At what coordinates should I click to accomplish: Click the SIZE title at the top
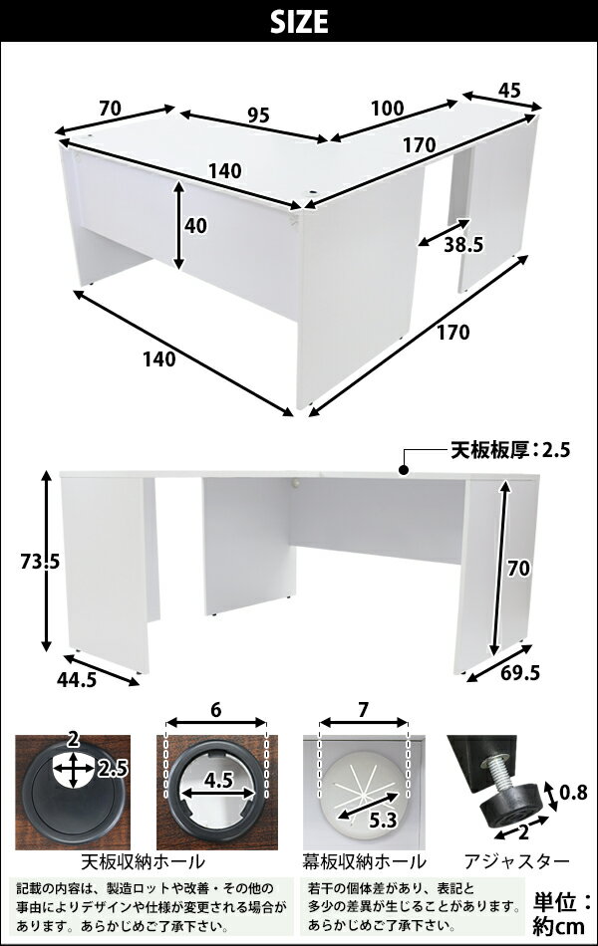[x=299, y=22]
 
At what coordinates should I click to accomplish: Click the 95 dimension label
[x=258, y=116]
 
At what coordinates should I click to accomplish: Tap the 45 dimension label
[x=510, y=91]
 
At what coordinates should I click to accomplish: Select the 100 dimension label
[x=387, y=108]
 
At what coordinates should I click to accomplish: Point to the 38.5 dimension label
[x=463, y=244]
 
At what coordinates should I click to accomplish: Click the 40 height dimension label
[x=195, y=226]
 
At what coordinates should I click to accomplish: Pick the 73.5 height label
[x=40, y=562]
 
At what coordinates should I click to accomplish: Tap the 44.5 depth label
[x=77, y=680]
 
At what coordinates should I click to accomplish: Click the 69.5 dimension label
[x=519, y=673]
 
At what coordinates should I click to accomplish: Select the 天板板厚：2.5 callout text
[x=510, y=450]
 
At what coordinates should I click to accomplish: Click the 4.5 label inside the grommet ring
[x=218, y=781]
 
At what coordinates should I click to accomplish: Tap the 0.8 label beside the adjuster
[x=573, y=793]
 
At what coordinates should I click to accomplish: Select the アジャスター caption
[x=516, y=861]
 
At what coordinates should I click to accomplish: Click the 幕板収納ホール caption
[x=364, y=861]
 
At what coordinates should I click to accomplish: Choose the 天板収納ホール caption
[x=144, y=861]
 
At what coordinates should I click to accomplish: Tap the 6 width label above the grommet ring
[x=216, y=710]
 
